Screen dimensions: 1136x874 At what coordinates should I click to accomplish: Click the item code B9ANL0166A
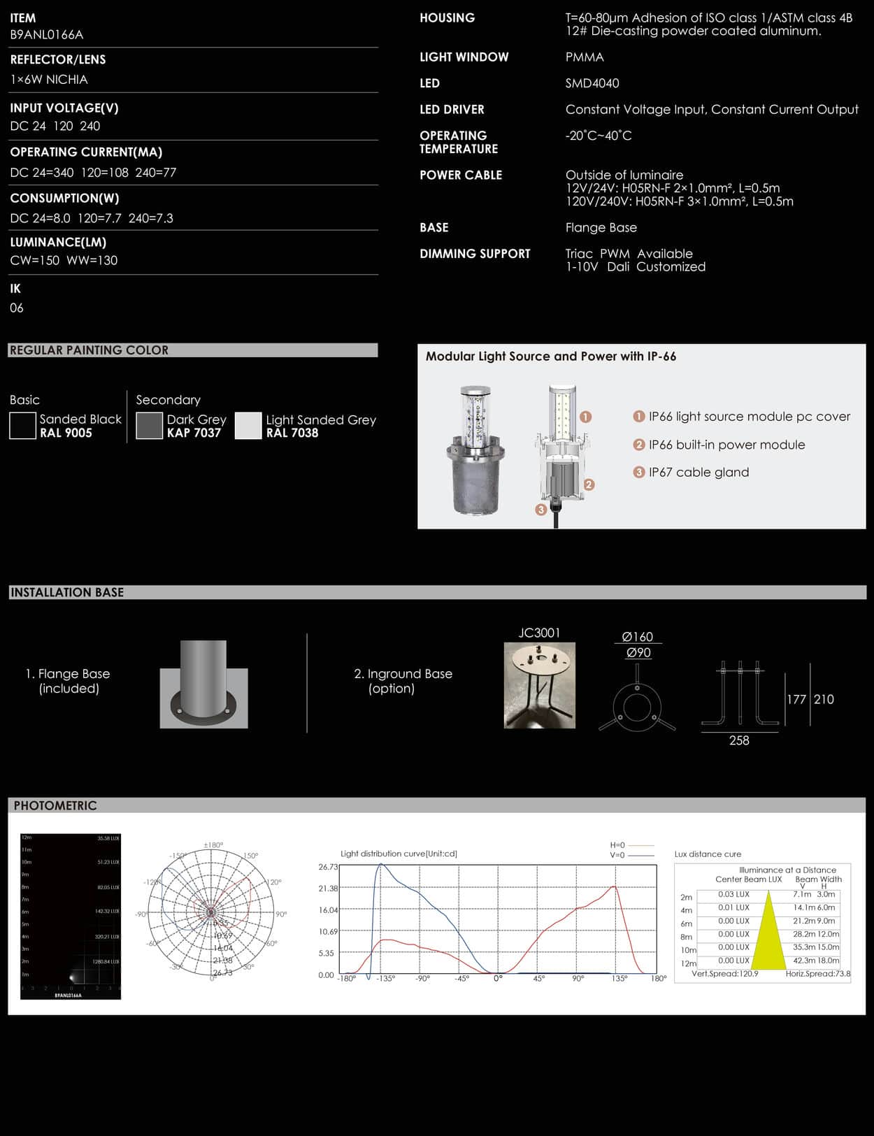[46, 34]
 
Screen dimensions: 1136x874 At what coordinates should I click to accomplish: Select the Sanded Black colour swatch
[22, 426]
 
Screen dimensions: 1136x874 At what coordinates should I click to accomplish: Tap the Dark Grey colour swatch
[149, 426]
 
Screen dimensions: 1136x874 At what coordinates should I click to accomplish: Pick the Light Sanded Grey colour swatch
[248, 426]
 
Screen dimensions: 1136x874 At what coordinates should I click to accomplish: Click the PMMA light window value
[585, 57]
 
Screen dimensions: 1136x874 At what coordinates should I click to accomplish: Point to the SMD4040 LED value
[592, 83]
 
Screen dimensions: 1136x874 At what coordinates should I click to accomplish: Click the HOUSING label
[447, 18]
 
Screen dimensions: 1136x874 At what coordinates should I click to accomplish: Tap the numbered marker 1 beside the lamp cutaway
[586, 417]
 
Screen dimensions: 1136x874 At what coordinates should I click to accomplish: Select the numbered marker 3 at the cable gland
[540, 510]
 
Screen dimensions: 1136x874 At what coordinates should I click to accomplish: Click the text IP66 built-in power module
[726, 445]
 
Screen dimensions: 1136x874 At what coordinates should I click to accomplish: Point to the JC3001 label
[539, 633]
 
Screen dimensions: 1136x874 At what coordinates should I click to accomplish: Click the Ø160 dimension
[637, 637]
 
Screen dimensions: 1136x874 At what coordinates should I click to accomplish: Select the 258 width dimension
[739, 740]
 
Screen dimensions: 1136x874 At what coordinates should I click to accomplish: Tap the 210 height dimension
[824, 699]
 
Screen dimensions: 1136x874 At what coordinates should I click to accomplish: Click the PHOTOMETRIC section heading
[55, 805]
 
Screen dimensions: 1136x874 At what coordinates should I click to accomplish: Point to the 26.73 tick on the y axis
[328, 867]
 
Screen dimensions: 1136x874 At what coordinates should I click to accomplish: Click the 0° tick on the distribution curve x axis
[498, 979]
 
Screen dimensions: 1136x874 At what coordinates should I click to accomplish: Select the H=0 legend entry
[618, 845]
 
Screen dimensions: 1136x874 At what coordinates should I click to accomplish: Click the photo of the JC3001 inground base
[540, 686]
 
